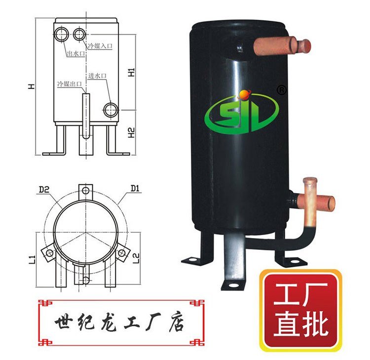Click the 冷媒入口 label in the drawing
100,45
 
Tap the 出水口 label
76,54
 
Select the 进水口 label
98,76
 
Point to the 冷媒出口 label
70,84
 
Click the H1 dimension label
131,72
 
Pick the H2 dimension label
131,133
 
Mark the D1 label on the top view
135,189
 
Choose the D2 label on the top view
44,190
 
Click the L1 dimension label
33,260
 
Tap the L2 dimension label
136,258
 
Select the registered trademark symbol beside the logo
281,90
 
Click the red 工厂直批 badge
301,310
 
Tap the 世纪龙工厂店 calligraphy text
120,322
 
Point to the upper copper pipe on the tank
282,45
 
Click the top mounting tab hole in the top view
86,191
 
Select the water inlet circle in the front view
111,110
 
